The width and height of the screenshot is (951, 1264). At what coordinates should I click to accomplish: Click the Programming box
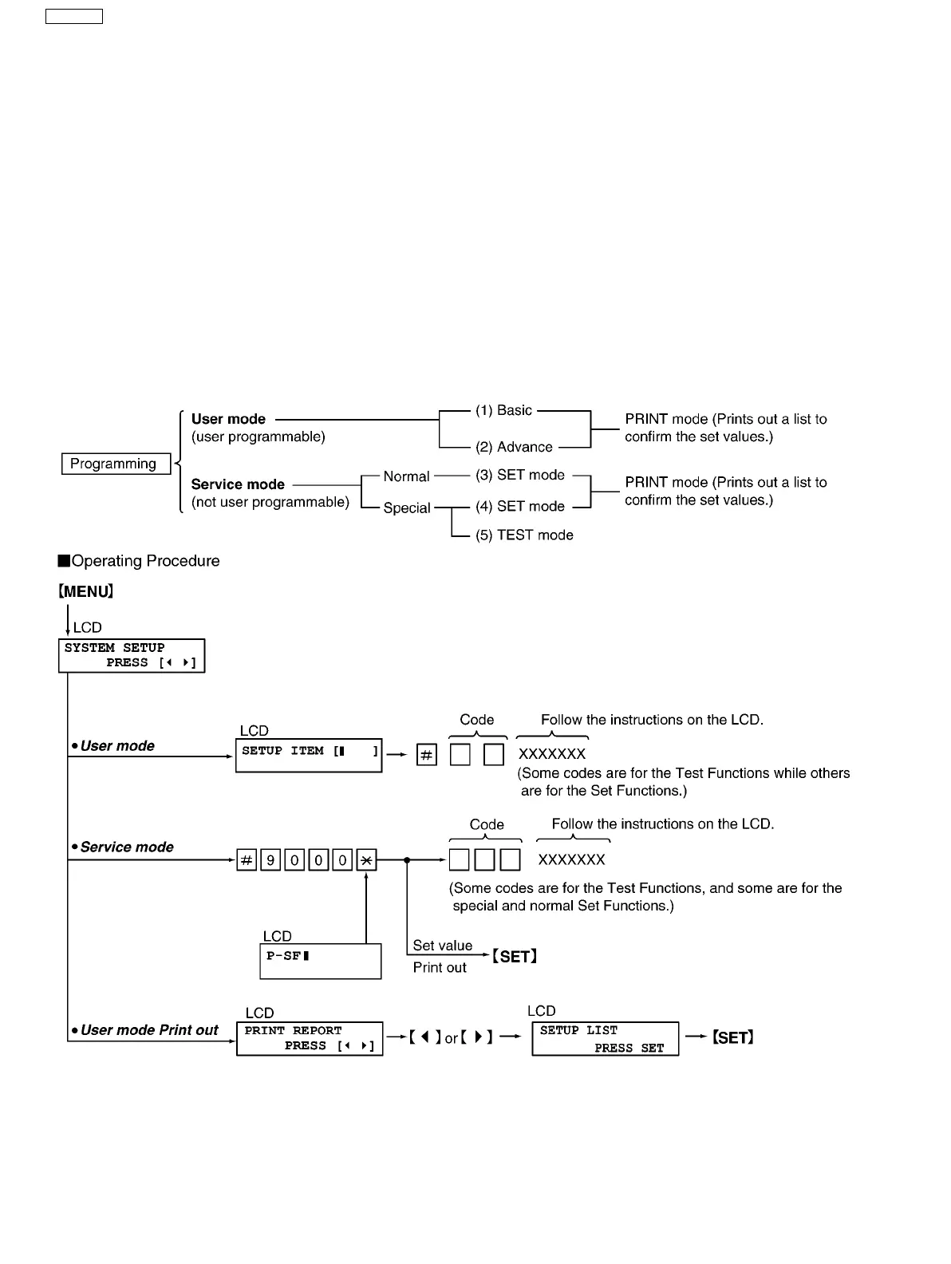[116, 464]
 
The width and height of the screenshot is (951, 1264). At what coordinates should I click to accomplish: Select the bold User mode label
[228, 419]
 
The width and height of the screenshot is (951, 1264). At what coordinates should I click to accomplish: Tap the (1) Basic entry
[503, 410]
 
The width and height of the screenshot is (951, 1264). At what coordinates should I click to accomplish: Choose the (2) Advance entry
[514, 447]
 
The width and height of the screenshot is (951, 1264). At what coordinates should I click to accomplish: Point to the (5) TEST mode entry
[524, 535]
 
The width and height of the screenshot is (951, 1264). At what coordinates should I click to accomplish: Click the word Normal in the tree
[406, 476]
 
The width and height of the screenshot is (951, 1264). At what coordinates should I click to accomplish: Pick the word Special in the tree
[406, 508]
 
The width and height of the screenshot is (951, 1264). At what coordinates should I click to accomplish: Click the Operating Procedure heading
[144, 561]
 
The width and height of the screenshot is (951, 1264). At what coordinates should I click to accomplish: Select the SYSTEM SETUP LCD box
[132, 655]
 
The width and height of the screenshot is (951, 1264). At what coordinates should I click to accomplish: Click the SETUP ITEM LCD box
[309, 755]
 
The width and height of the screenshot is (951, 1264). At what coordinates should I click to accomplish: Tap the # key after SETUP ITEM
[427, 755]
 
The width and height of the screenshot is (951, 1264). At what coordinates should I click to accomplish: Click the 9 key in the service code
[270, 860]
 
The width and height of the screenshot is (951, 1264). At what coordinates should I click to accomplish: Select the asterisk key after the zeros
[366, 860]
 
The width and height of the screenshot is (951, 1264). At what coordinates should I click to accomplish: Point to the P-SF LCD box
[321, 961]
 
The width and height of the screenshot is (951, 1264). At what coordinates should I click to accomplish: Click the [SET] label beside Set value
[514, 956]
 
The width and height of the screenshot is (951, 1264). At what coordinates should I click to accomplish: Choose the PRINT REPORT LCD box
[310, 1038]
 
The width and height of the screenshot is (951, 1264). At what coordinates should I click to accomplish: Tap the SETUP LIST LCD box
[606, 1038]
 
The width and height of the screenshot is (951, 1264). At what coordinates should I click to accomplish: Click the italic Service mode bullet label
[126, 847]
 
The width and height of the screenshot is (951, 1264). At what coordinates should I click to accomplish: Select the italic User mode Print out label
[148, 1030]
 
